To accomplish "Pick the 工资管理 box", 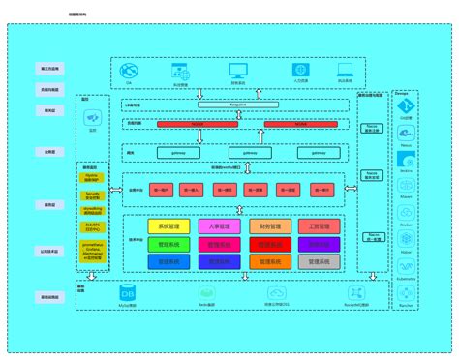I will tap(320, 226).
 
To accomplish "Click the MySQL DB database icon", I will tap(129, 292).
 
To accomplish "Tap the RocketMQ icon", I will tap(352, 292).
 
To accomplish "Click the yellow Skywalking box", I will tap(92, 208).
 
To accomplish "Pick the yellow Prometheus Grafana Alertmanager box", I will tap(92, 253).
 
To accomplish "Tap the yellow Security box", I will tap(92, 194).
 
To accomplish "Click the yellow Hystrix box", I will tap(92, 178).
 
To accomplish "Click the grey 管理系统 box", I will tap(320, 261).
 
